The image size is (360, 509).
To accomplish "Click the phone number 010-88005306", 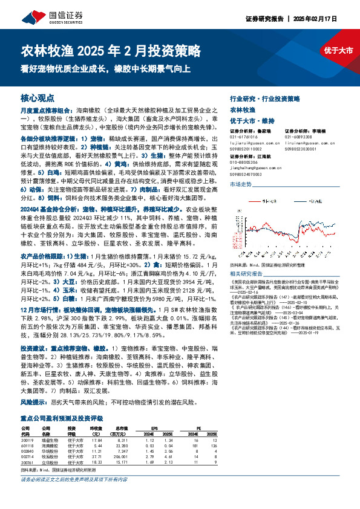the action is [x=248, y=162].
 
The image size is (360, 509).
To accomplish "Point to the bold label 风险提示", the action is [x=34, y=401].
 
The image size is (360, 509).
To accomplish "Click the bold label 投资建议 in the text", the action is [x=34, y=349].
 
